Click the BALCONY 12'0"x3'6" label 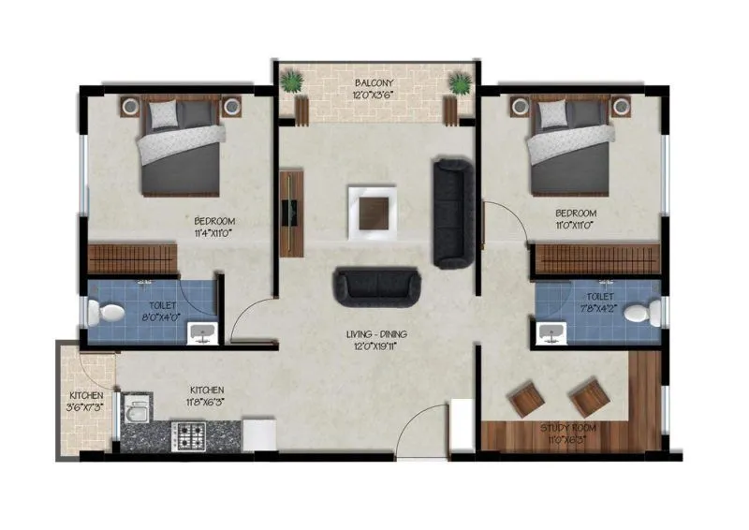tap(374, 88)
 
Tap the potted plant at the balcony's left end tap(292, 83)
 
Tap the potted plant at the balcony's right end tap(459, 84)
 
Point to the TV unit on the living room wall tap(291, 212)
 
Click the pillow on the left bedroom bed tap(163, 114)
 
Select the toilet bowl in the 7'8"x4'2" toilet tap(643, 312)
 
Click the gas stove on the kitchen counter tap(192, 435)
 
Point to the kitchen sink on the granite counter tap(138, 413)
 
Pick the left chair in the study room tap(525, 399)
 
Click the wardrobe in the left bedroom tap(132, 259)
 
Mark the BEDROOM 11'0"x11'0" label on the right tap(575, 219)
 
